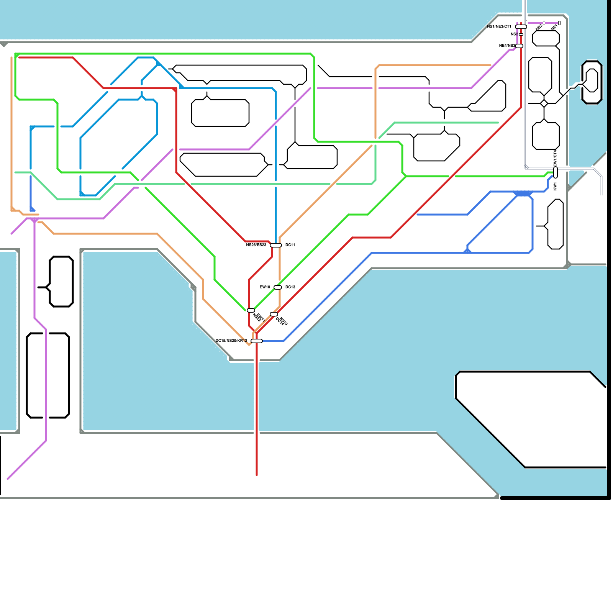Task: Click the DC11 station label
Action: pos(290,245)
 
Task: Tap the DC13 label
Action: pos(290,287)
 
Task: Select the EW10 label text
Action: pos(265,287)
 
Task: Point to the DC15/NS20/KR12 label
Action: pos(231,341)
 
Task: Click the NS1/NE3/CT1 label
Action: pos(499,26)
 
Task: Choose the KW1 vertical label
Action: pos(555,186)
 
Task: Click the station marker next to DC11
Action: pos(276,245)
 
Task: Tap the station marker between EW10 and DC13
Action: pos(278,287)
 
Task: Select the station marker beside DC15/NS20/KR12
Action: pos(257,341)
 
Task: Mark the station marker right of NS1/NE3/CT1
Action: pos(521,27)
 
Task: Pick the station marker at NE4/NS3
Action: pos(519,46)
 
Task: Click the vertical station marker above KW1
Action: pos(556,172)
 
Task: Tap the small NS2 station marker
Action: pos(521,34)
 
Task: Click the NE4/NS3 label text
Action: pos(506,46)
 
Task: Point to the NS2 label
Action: pos(514,34)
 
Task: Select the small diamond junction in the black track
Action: pos(544,103)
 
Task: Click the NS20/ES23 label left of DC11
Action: pos(256,245)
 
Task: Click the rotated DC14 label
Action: pos(280,322)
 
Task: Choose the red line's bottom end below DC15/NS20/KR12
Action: pos(257,475)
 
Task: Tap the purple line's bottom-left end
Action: pos(8,479)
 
